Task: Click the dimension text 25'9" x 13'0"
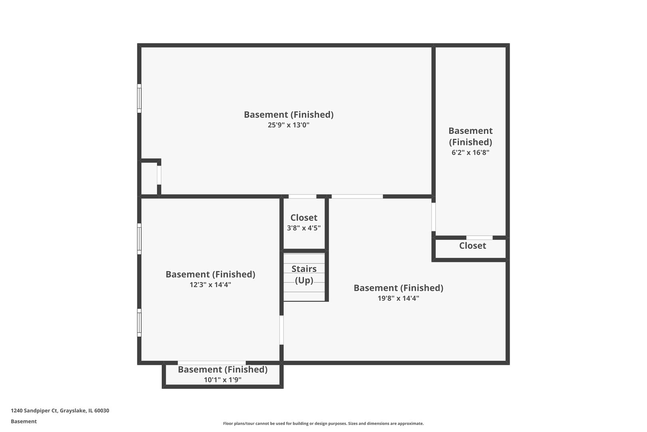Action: coord(288,125)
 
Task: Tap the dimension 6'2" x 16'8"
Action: coord(470,152)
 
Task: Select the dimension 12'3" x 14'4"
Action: coord(210,285)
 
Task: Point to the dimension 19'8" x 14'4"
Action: coord(398,298)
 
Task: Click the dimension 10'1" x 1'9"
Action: coord(222,380)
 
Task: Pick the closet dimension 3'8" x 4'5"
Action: coord(304,228)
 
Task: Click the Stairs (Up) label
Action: coord(304,274)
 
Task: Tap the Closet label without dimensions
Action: coord(472,246)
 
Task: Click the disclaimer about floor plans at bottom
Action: coord(323,423)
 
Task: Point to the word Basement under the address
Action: coord(24,421)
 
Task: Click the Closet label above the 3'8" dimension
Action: coord(304,218)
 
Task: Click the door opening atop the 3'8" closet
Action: coord(302,196)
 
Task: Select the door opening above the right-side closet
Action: coord(479,238)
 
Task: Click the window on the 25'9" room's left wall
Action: coord(139,98)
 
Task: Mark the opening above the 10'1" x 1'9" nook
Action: coord(212,363)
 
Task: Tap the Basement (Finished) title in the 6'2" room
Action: coord(470,136)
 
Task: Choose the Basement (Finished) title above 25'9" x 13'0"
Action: coord(288,115)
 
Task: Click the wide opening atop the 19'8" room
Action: coord(357,196)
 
